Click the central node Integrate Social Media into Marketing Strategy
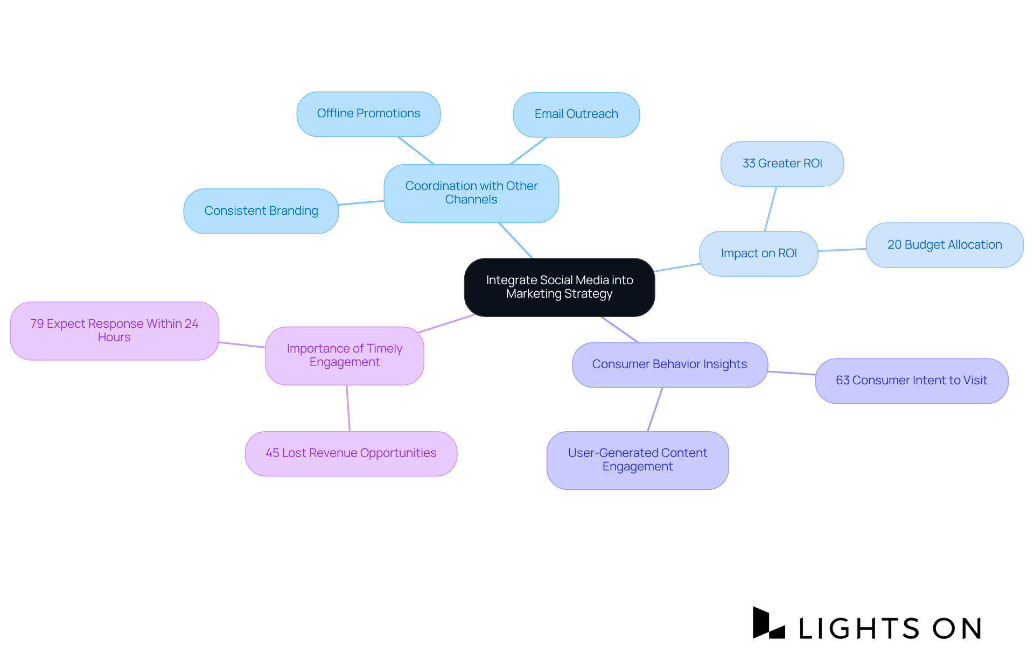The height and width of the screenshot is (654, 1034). point(560,287)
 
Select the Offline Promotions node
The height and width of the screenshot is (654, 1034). point(368,114)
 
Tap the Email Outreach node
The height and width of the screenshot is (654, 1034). point(576,114)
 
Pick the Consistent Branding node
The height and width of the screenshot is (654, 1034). point(261,211)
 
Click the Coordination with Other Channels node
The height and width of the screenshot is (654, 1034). point(471,193)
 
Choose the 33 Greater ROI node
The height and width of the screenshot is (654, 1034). point(782,164)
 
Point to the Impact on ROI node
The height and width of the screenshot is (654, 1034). point(758,254)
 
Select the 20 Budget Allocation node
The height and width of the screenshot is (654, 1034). point(944,245)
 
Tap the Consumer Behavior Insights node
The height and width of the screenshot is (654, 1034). point(669,364)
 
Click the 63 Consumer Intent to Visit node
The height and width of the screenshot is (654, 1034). point(911,381)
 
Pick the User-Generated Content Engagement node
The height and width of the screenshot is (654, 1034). point(638,460)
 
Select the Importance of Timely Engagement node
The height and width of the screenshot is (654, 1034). point(345,355)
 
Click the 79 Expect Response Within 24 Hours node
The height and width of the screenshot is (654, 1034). point(114,330)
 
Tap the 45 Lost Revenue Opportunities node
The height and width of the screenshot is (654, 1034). point(351,453)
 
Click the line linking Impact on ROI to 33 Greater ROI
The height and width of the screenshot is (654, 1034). point(771,209)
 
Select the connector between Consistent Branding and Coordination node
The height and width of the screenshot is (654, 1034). point(361,203)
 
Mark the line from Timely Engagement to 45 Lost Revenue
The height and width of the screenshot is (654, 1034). point(348,408)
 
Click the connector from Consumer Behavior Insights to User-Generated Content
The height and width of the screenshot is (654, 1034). point(655,409)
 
